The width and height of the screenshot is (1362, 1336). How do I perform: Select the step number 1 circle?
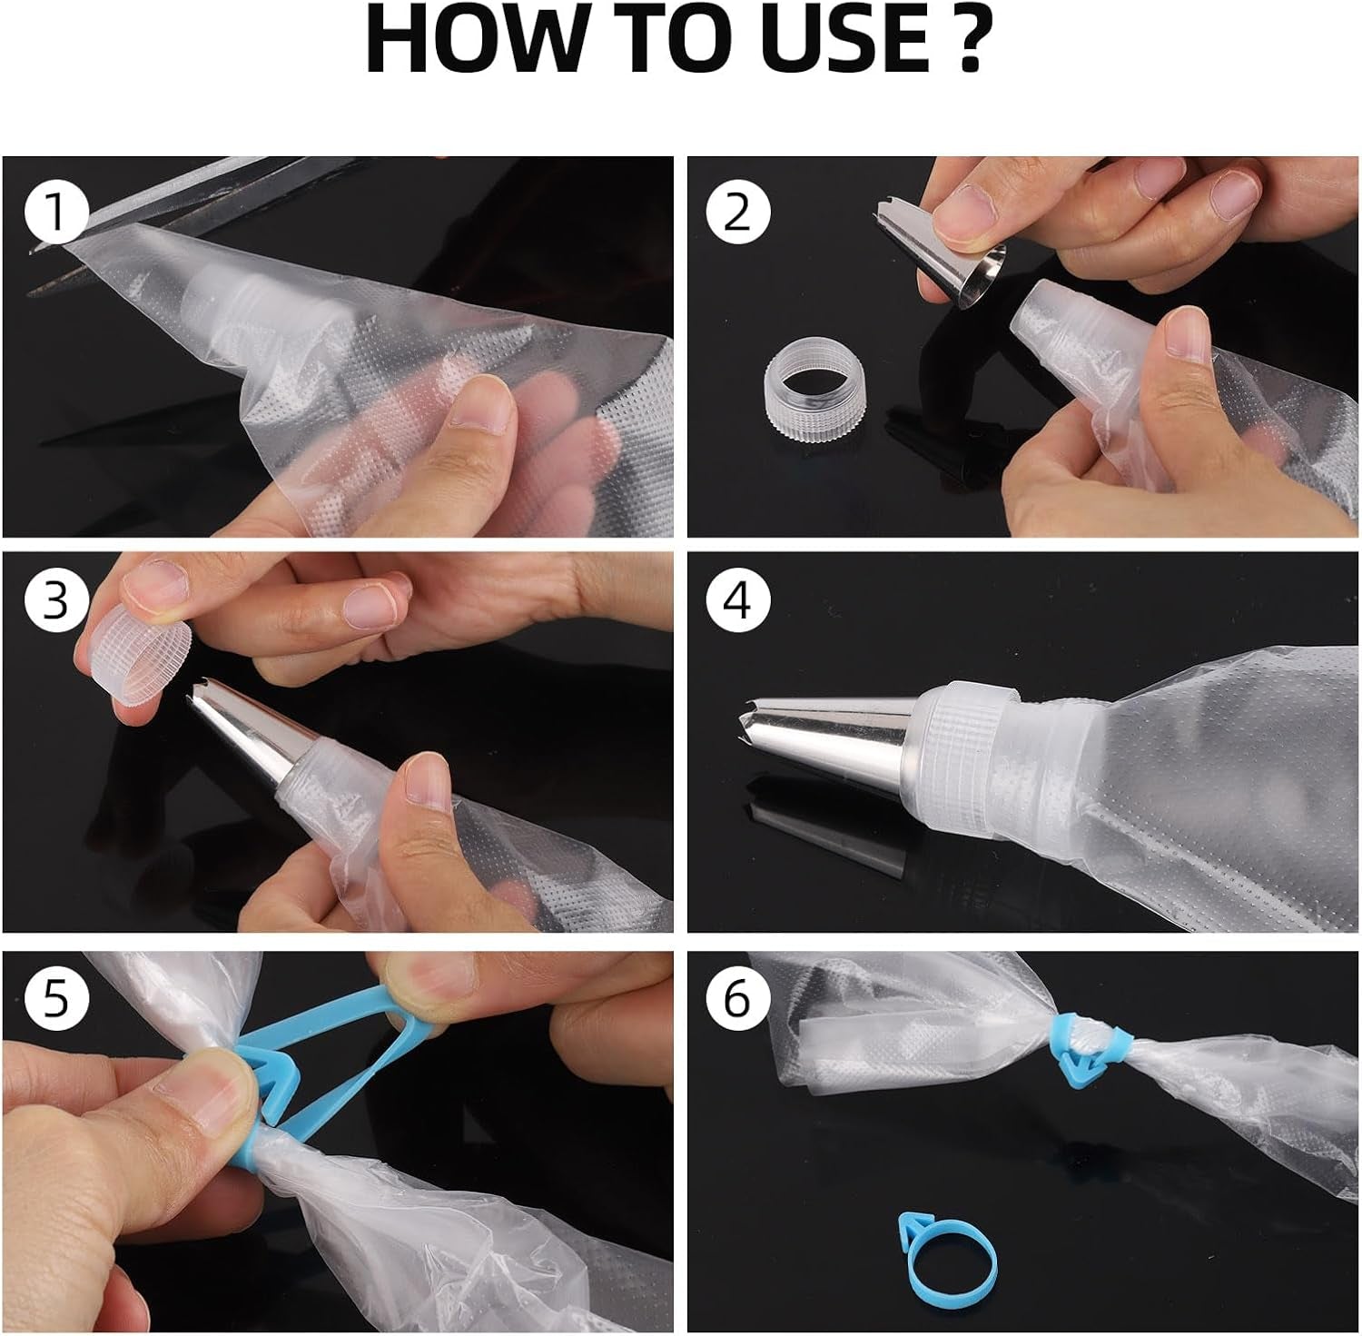57,213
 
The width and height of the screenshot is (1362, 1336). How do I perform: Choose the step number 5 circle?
56,997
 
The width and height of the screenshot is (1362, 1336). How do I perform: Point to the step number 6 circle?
737,997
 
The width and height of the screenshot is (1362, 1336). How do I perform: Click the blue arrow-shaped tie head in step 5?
268,1079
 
